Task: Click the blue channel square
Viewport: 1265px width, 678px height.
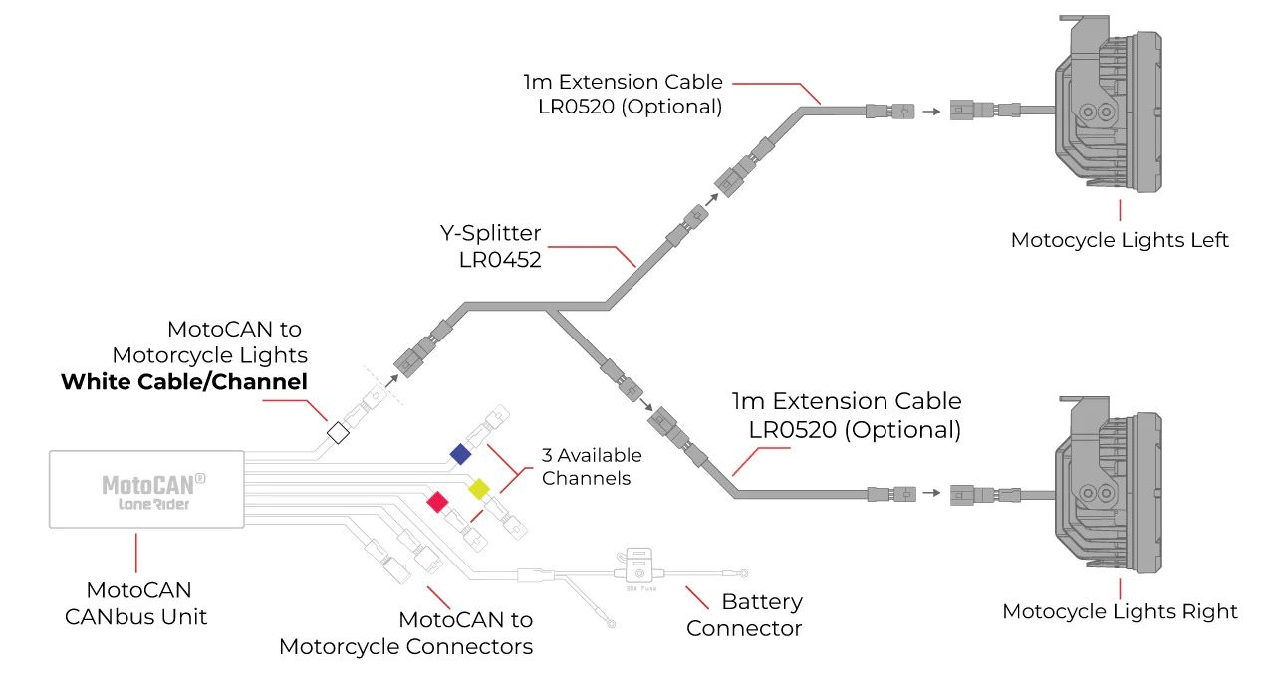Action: [x=460, y=454]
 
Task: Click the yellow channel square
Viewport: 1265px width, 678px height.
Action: [x=479, y=488]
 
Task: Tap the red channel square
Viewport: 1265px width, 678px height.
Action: [x=437, y=502]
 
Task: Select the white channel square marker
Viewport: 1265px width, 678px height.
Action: [x=338, y=433]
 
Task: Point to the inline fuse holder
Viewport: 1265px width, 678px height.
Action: [x=638, y=566]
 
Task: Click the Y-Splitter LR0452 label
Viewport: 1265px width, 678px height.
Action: [x=491, y=246]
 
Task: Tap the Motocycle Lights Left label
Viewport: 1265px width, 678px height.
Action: [x=1120, y=240]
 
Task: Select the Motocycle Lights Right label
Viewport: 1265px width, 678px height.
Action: [x=1120, y=611]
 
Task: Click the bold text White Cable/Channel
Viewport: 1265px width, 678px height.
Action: [x=184, y=382]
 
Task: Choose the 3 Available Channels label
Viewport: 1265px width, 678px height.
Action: [x=592, y=466]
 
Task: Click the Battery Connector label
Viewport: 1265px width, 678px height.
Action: [x=744, y=614]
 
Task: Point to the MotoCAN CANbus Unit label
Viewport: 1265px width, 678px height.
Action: [x=136, y=603]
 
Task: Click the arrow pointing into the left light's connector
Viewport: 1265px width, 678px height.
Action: [x=931, y=112]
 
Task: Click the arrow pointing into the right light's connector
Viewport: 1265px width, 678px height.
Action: [x=931, y=493]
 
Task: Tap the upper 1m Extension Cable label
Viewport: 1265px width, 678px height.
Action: [x=623, y=94]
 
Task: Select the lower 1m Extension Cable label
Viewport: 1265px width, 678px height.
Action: [x=847, y=415]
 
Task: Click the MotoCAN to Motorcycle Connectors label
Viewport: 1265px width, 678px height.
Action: [x=406, y=633]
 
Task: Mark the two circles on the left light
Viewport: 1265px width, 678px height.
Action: [x=1096, y=112]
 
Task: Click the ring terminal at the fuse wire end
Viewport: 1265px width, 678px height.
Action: [x=744, y=573]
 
